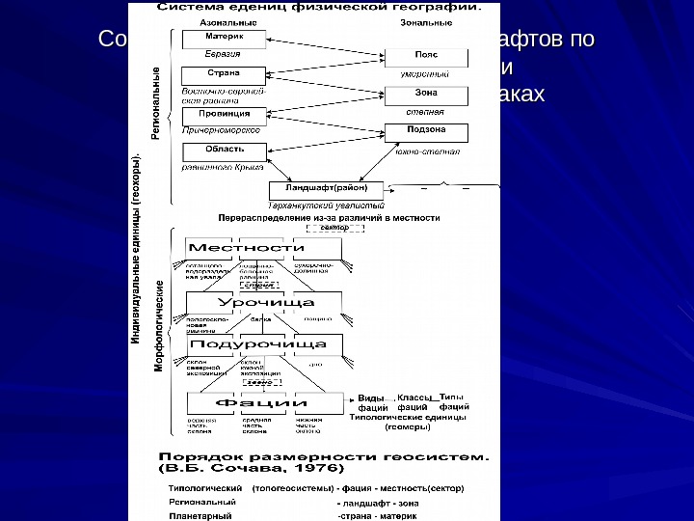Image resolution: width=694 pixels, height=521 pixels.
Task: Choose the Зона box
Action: coord(425,95)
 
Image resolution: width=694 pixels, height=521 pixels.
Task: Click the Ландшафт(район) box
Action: coord(327,188)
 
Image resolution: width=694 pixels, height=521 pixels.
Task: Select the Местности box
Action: coord(253,248)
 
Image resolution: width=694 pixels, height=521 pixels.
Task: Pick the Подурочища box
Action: coord(257,344)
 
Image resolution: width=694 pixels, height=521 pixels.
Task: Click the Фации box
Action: coord(260,402)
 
